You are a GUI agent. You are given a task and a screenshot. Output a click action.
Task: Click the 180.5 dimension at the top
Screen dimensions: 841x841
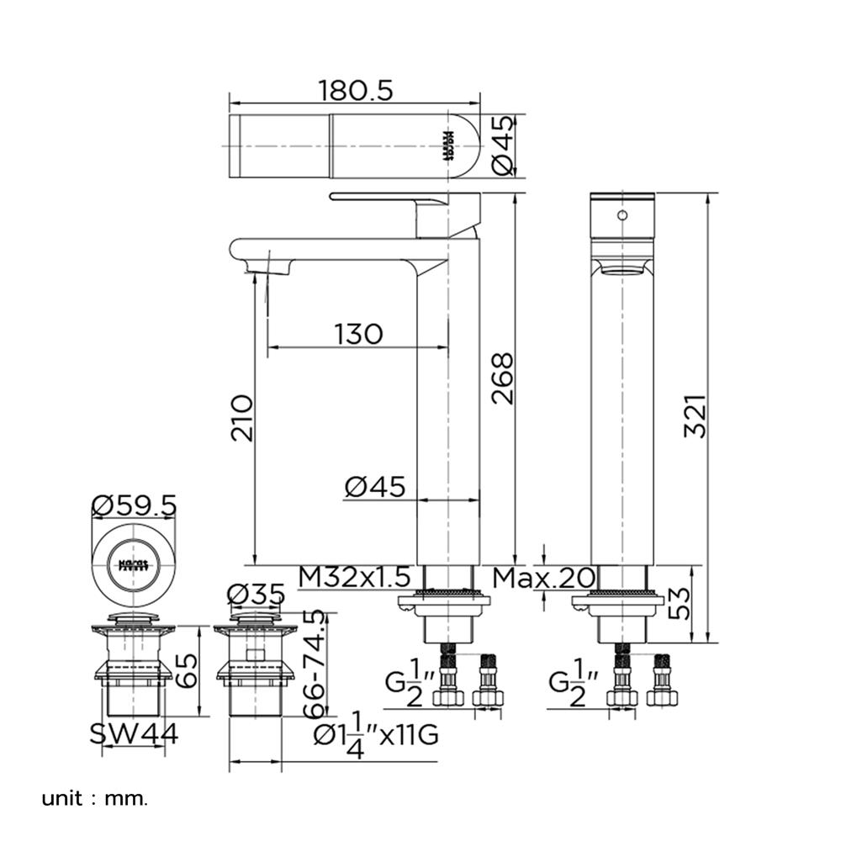[356, 90]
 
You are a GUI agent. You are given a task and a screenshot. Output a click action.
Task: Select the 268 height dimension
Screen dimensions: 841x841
[503, 378]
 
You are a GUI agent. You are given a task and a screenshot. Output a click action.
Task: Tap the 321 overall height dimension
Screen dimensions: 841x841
[695, 416]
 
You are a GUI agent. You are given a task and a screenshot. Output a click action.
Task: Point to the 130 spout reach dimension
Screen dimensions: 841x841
[358, 334]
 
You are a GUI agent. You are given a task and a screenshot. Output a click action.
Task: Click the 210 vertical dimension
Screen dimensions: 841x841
[241, 418]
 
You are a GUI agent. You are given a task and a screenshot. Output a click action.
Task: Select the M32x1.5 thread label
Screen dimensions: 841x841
[355, 578]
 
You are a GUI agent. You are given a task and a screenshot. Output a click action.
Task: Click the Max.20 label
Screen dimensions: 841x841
[544, 578]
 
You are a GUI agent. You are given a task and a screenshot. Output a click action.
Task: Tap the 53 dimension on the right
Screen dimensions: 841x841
[680, 603]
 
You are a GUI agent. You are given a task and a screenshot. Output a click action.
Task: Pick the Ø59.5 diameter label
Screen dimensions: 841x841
[134, 505]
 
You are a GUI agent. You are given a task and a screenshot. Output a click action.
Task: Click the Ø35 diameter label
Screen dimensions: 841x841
[256, 595]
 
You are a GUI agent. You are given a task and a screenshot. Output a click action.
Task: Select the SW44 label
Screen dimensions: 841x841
[135, 734]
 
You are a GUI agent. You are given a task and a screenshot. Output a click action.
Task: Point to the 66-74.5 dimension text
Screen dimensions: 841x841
[314, 664]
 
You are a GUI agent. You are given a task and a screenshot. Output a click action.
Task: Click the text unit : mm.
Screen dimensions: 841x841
[94, 797]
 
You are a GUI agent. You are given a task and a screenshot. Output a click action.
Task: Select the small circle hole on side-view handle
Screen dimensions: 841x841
[622, 215]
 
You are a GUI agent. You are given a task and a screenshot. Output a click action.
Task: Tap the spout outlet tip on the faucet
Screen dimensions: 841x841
[270, 269]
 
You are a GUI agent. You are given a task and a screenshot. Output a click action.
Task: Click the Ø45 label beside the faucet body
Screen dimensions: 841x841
[375, 486]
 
